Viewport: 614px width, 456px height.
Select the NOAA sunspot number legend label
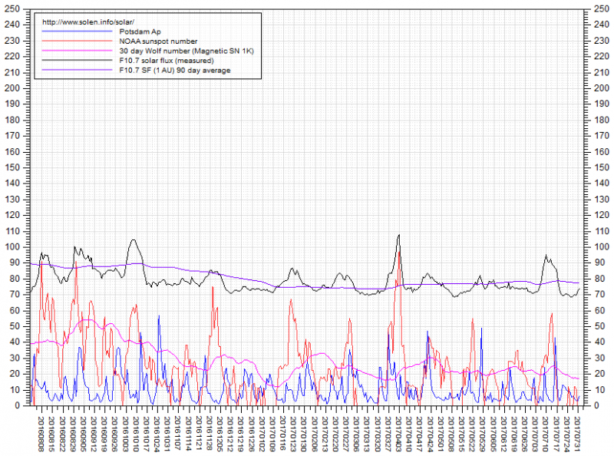click(158, 41)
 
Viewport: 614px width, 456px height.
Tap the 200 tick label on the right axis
click(597, 88)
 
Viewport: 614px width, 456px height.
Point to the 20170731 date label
click(578, 431)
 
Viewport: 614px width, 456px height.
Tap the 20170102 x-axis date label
click(262, 431)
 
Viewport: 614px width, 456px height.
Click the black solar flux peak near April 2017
click(399, 235)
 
